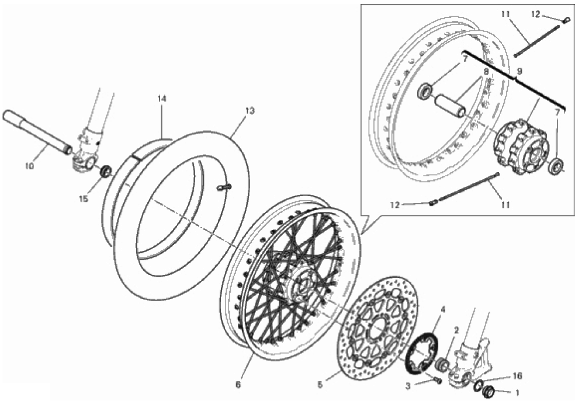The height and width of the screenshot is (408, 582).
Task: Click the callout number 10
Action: click(x=29, y=166)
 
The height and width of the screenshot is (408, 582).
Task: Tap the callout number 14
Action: click(x=161, y=99)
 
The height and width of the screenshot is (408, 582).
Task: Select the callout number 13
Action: click(x=250, y=110)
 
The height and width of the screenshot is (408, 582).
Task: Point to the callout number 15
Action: click(x=84, y=199)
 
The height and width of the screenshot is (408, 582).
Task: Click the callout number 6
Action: click(x=238, y=385)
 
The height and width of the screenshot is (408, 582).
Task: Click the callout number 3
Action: click(x=408, y=386)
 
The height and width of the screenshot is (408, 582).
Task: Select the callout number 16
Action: click(x=517, y=376)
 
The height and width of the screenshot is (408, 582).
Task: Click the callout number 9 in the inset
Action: click(x=519, y=71)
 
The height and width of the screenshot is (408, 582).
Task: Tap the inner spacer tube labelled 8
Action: click(x=451, y=106)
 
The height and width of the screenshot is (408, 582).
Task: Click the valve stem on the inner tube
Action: click(x=224, y=188)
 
